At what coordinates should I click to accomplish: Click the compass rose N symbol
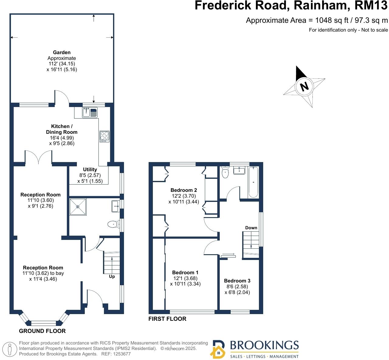click(304, 86)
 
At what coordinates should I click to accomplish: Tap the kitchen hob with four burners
click(104, 136)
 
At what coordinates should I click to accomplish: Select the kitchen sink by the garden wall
click(89, 113)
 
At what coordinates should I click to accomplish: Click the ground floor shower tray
click(78, 207)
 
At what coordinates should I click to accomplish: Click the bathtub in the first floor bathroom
click(253, 182)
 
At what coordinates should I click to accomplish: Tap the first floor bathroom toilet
click(225, 173)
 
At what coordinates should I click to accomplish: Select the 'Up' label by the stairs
click(112, 277)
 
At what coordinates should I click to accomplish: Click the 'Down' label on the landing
click(251, 228)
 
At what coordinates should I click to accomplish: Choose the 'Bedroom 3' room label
click(237, 281)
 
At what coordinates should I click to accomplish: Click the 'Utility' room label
click(90, 169)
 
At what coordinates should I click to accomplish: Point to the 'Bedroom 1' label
click(185, 272)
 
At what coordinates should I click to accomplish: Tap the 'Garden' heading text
click(62, 52)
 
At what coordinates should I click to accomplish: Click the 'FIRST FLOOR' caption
click(167, 319)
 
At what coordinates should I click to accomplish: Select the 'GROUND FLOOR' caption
click(42, 331)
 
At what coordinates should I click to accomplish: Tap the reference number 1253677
click(120, 354)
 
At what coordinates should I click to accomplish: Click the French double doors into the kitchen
click(39, 157)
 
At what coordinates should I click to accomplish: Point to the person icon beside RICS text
click(10, 349)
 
